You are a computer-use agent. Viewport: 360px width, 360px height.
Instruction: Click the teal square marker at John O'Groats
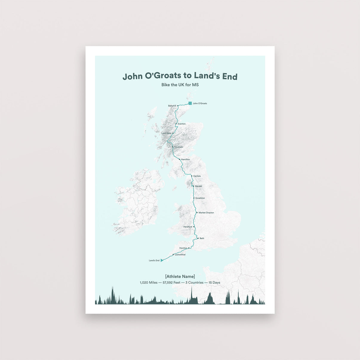pyautogui.click(x=190, y=103)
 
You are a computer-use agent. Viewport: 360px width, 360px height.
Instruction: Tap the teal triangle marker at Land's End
pyautogui.click(x=161, y=260)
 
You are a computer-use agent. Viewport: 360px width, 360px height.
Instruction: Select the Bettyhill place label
pyautogui.click(x=172, y=106)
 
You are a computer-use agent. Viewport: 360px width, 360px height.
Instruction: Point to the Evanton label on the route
pyautogui.click(x=181, y=124)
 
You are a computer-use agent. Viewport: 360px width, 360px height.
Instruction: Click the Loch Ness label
pyautogui.click(x=166, y=133)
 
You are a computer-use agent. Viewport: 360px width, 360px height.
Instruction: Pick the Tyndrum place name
pyautogui.click(x=179, y=147)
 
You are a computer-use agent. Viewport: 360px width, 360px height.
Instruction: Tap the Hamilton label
pyautogui.click(x=185, y=159)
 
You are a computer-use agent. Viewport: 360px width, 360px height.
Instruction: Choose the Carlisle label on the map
pyautogui.click(x=197, y=176)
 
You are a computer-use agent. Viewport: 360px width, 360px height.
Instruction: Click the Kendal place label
pyautogui.click(x=199, y=186)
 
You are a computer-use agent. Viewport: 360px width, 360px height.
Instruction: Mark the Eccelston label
pyautogui.click(x=200, y=198)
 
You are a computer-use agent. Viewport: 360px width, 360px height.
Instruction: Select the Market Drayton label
pyautogui.click(x=206, y=213)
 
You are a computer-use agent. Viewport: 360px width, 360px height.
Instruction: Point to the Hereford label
pyautogui.click(x=188, y=227)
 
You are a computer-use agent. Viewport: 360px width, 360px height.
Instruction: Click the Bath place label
pyautogui.click(x=202, y=239)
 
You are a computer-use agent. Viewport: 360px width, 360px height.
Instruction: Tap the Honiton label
pyautogui.click(x=183, y=248)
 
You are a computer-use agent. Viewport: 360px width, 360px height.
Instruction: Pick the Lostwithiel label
pyautogui.click(x=180, y=255)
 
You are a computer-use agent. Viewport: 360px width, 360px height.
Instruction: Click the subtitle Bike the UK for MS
pyautogui.click(x=180, y=85)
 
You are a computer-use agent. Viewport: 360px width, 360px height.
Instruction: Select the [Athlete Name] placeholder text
pyautogui.click(x=180, y=276)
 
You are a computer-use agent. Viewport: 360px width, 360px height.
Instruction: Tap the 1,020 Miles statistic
pyautogui.click(x=149, y=282)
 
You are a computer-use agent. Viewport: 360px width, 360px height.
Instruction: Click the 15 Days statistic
pyautogui.click(x=214, y=282)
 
